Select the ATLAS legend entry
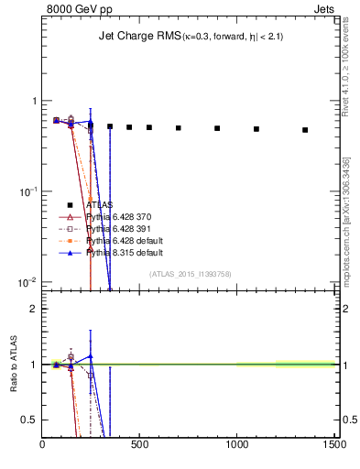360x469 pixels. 100,205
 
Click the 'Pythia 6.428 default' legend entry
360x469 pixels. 125,240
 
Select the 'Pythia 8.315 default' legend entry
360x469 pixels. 125,251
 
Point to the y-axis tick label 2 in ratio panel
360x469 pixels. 34,309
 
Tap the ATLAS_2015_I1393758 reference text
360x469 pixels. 190,273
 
